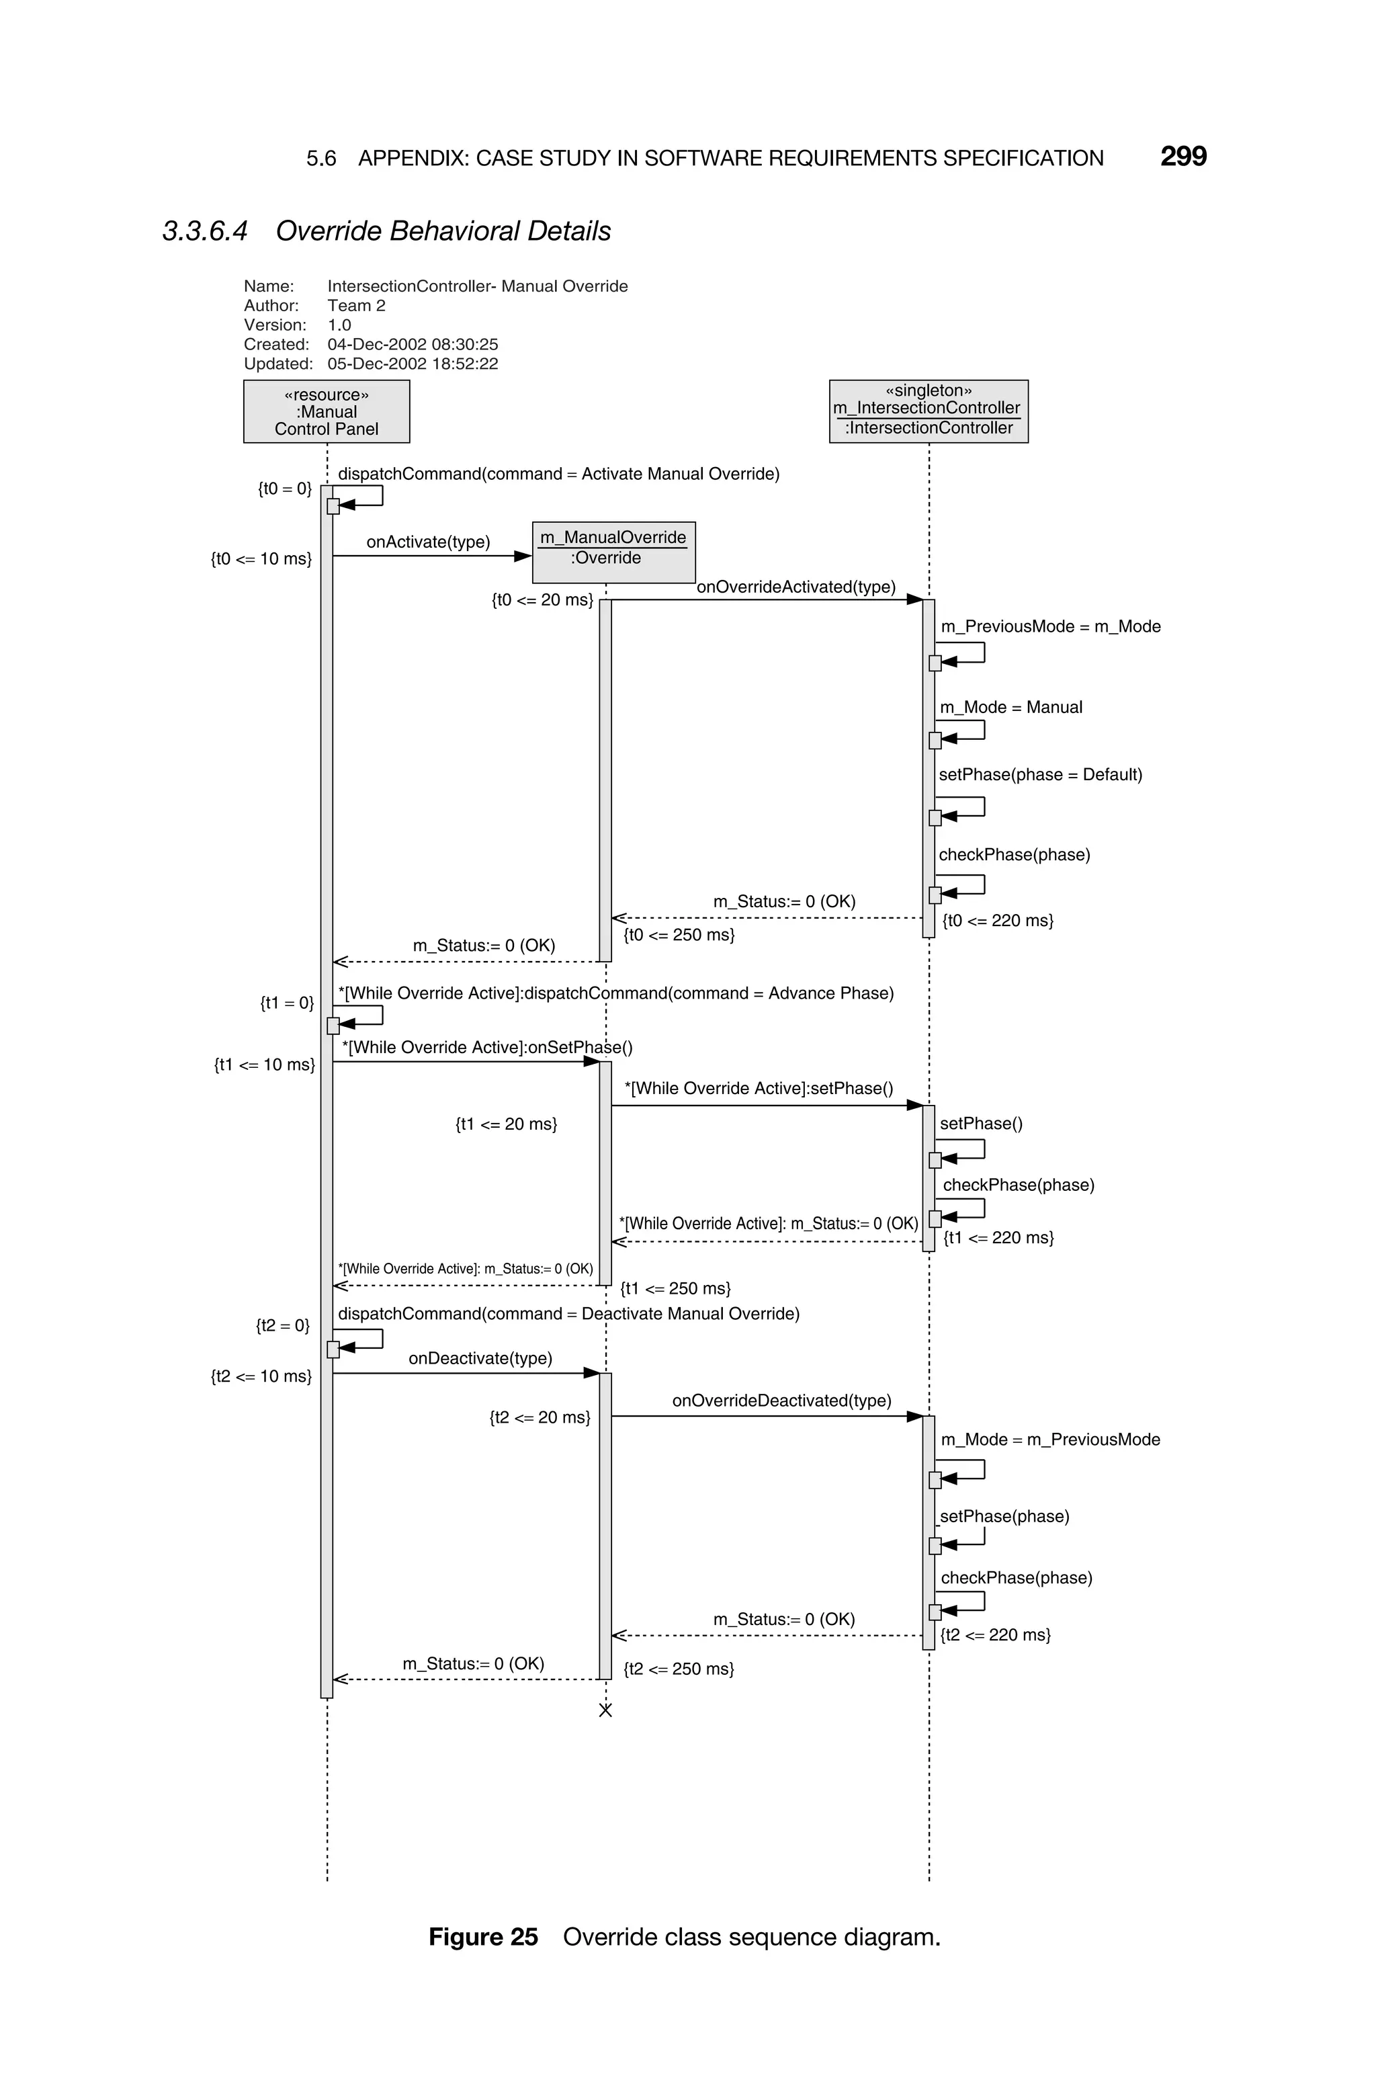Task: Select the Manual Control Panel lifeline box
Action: [327, 411]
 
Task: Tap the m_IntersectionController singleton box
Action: [929, 411]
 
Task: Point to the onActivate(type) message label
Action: [428, 542]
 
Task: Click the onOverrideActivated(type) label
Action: [796, 587]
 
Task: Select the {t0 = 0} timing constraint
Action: [284, 489]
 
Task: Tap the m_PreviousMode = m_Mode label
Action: [1050, 626]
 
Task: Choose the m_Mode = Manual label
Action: [1011, 707]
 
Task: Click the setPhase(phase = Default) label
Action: [1040, 775]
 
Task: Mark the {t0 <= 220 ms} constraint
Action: [998, 921]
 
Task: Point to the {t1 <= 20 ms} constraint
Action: [507, 1124]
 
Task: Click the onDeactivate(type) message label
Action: [480, 1358]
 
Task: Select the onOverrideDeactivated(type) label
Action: [781, 1401]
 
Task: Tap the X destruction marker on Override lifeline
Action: [605, 1710]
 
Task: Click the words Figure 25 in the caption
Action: [482, 1937]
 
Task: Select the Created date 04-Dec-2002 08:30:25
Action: [413, 344]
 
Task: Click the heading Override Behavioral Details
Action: [443, 231]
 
